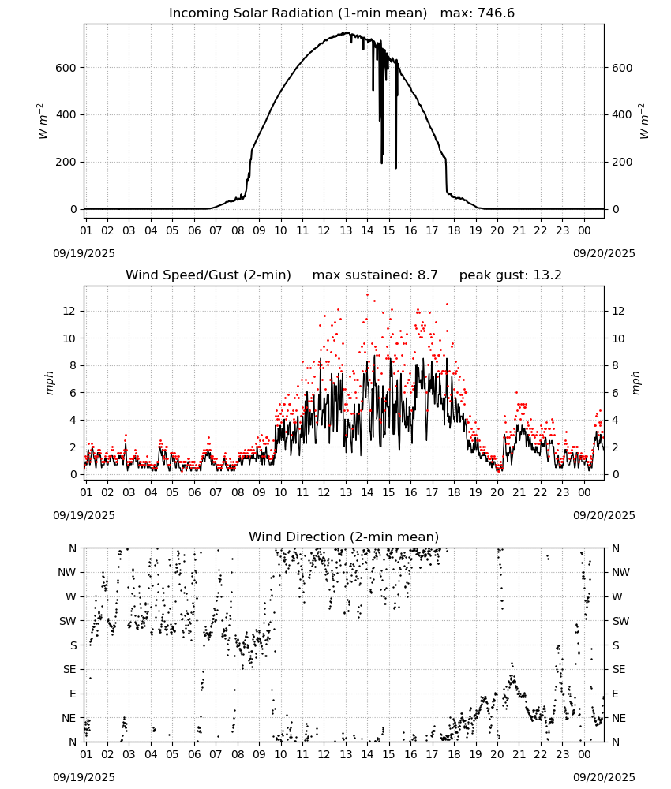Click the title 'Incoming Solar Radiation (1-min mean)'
pos(298,13)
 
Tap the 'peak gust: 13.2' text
pos(511,275)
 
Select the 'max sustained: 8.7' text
pos(375,275)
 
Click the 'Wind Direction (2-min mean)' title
pos(344,537)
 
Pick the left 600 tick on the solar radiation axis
pos(66,68)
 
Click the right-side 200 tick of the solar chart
pos(622,162)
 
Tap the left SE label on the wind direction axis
pos(69,669)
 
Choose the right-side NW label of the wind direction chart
pos(620,572)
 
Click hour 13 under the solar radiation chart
pos(346,230)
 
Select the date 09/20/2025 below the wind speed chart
pos(604,515)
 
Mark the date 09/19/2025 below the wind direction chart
pos(84,777)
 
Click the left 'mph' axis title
pos(49,383)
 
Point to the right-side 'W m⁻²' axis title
pos(644,122)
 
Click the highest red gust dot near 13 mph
pos(367,295)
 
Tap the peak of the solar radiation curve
pos(347,32)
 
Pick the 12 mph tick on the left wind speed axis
pos(69,311)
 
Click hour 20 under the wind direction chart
pos(497,754)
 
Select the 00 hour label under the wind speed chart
pos(584,492)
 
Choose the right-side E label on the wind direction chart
pos(615,694)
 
